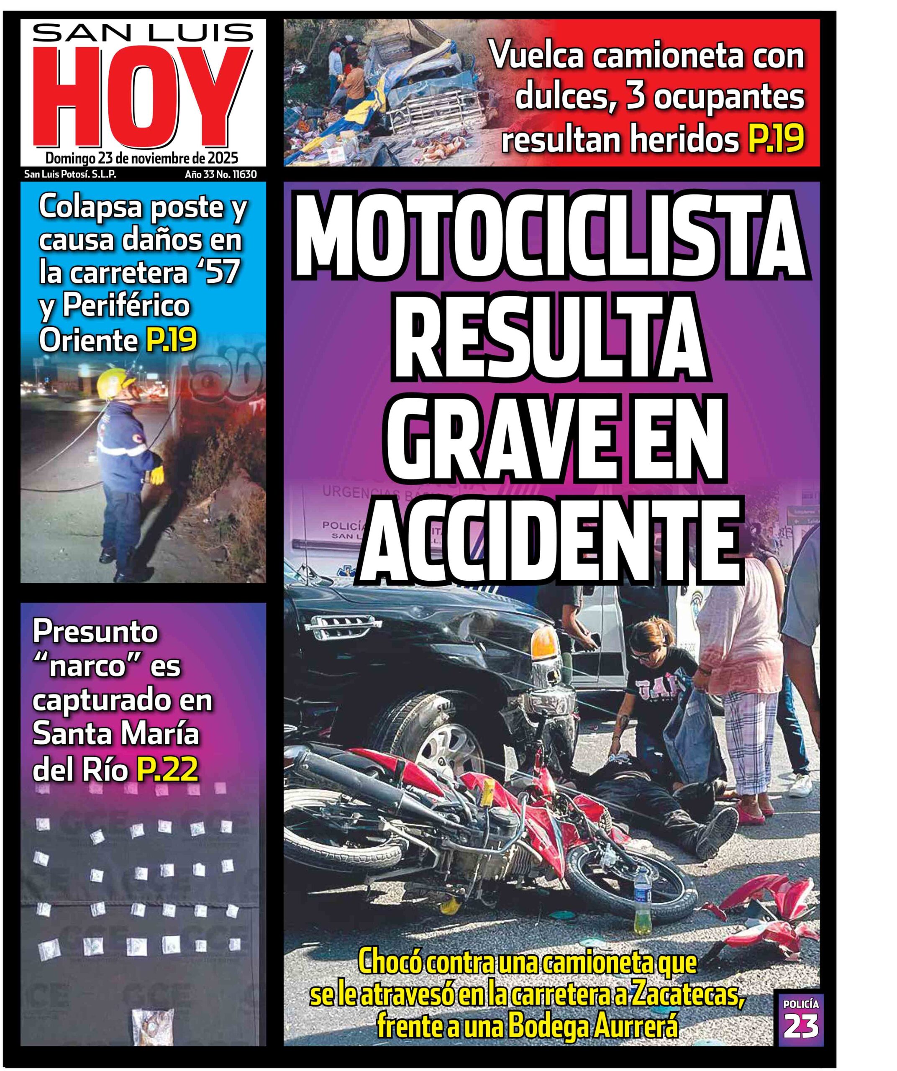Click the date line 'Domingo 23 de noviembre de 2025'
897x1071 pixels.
point(142,158)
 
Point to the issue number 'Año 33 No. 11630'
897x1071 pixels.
point(220,174)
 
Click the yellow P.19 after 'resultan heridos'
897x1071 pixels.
point(775,139)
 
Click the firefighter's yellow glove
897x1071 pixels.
point(156,476)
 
